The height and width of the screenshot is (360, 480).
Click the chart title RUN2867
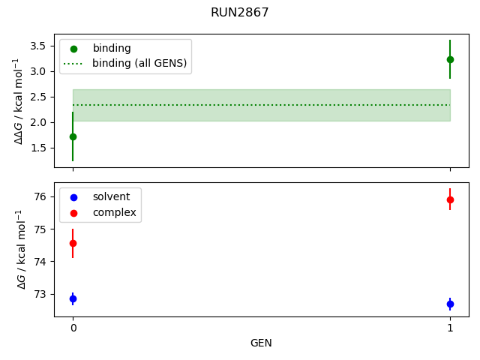(240, 13)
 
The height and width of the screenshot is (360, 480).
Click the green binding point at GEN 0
(73, 136)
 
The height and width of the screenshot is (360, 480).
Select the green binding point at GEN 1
(450, 59)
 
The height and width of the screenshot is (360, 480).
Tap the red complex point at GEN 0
(73, 243)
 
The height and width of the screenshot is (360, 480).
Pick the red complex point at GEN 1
(450, 199)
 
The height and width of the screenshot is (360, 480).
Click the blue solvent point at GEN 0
(73, 298)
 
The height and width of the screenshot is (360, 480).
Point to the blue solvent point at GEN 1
(450, 304)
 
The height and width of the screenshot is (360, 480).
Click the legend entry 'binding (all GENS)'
(139, 63)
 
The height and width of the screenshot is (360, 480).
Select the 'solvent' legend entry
(111, 196)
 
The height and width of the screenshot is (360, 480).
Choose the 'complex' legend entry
(114, 212)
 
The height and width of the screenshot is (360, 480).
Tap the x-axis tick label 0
(73, 328)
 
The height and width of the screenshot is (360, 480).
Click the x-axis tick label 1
(450, 328)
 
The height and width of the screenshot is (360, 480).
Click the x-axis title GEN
(261, 343)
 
